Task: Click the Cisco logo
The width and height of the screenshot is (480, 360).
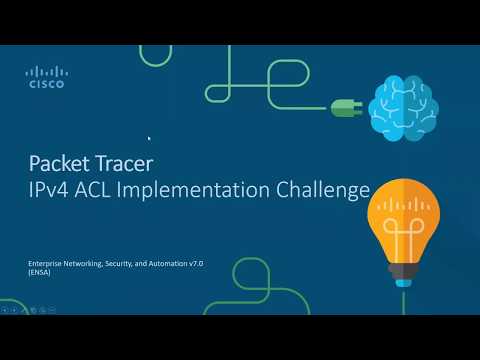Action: pos(45,77)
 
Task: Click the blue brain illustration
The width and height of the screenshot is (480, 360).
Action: pos(403,106)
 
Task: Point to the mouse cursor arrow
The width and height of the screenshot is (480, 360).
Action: pos(150,139)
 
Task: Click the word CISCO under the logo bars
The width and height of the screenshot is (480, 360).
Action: pos(45,85)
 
